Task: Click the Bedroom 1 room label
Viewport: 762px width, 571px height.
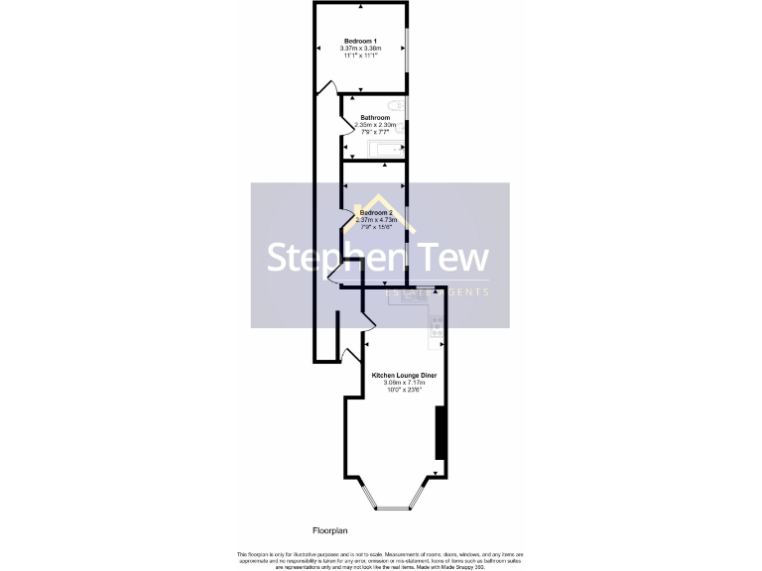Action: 360,41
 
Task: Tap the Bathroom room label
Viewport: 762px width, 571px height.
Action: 374,118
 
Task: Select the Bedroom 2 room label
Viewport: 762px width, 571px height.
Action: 376,213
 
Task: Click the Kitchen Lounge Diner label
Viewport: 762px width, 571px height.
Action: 404,376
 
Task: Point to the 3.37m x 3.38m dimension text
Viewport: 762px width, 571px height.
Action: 360,49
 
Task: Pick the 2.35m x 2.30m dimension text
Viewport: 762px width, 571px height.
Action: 376,125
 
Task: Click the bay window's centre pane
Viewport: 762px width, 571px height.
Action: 393,508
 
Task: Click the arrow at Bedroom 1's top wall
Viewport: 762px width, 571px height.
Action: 361,7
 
